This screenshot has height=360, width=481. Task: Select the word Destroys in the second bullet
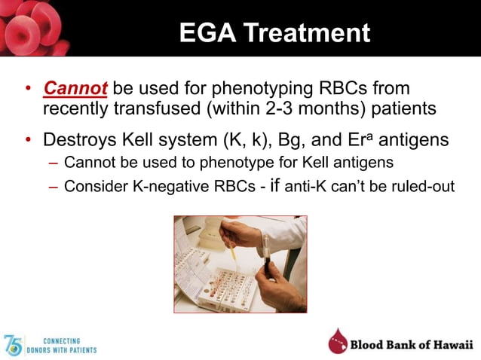[x=78, y=140]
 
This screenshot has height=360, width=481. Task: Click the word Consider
[x=92, y=186]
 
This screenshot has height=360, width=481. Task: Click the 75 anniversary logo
[x=14, y=345]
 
